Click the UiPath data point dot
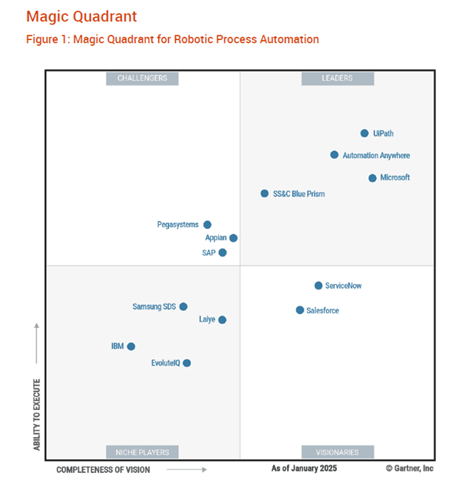pyautogui.click(x=365, y=134)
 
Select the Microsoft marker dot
pyautogui.click(x=372, y=178)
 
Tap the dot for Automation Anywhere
pyautogui.click(x=334, y=155)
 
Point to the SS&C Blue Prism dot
pyautogui.click(x=265, y=194)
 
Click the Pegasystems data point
pyautogui.click(x=207, y=225)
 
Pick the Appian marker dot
pyautogui.click(x=233, y=238)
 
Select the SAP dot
pyautogui.click(x=223, y=253)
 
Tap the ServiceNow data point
pyautogui.click(x=318, y=286)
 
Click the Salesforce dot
pyautogui.click(x=300, y=310)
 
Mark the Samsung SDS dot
pyautogui.click(x=183, y=306)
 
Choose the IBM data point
pyautogui.click(x=131, y=346)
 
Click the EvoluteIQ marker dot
pyautogui.click(x=186, y=363)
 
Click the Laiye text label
pyautogui.click(x=207, y=319)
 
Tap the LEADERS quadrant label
pyautogui.click(x=338, y=78)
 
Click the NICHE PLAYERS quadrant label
pyautogui.click(x=143, y=452)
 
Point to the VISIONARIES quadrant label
pyautogui.click(x=338, y=452)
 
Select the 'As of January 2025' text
pyautogui.click(x=304, y=468)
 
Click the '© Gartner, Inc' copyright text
pyautogui.click(x=409, y=468)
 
